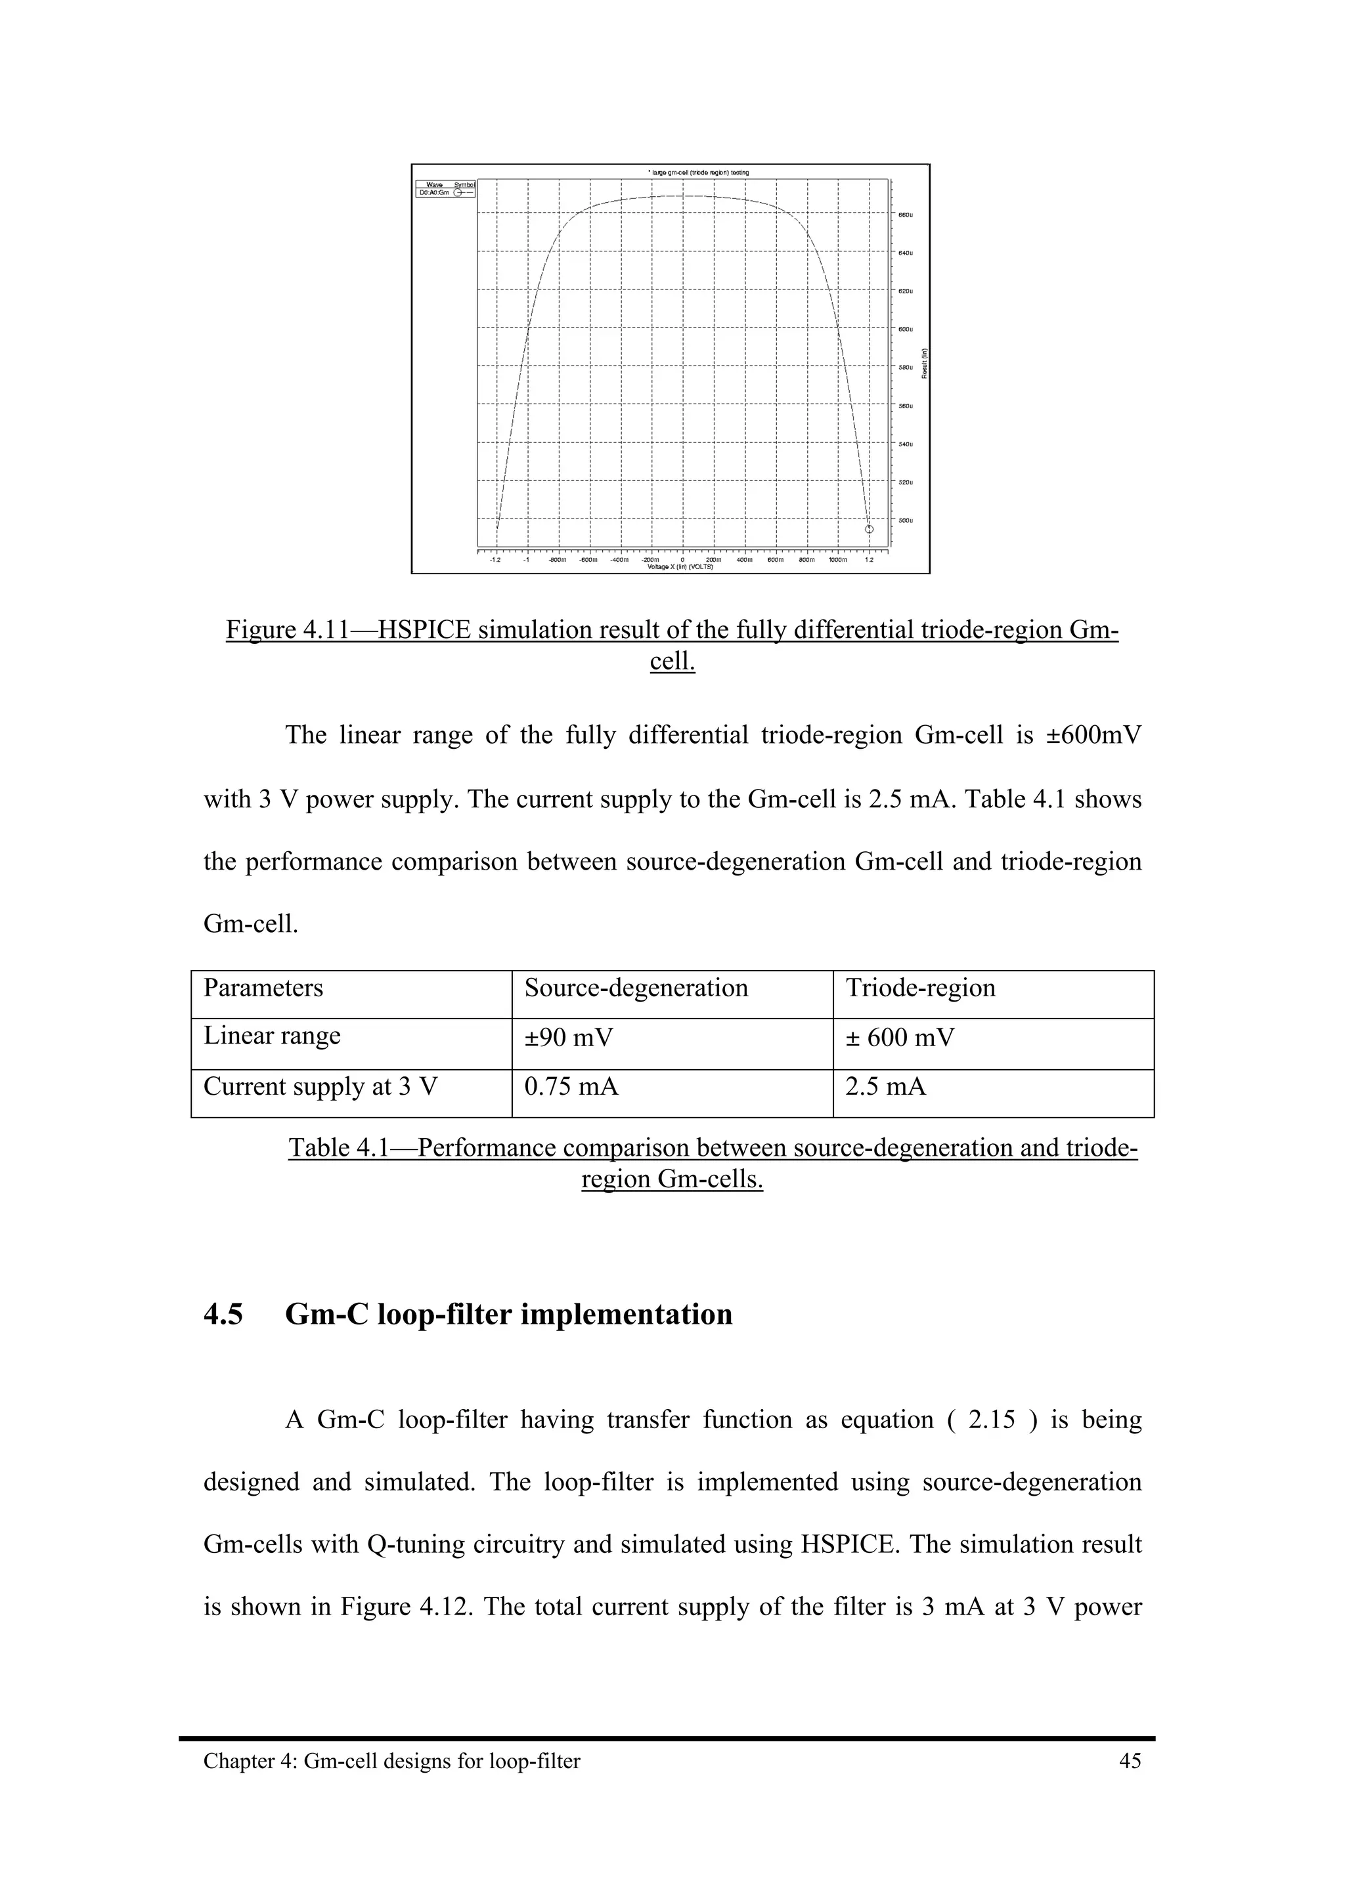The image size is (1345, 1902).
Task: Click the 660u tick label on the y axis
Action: coord(906,215)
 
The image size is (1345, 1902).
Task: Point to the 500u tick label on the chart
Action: coord(906,520)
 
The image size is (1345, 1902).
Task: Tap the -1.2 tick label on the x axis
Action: coord(495,559)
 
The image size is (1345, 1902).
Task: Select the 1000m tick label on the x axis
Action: coord(838,559)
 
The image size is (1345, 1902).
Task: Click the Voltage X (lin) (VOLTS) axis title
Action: coord(680,568)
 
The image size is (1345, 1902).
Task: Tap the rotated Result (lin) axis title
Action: coord(924,363)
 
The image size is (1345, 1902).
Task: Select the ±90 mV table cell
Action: coord(569,1037)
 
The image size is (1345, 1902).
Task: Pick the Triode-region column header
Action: coord(920,988)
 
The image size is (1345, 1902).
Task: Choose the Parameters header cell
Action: coord(263,988)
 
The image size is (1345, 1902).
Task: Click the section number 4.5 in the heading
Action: coord(224,1315)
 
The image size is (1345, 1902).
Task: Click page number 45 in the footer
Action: coord(1130,1761)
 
